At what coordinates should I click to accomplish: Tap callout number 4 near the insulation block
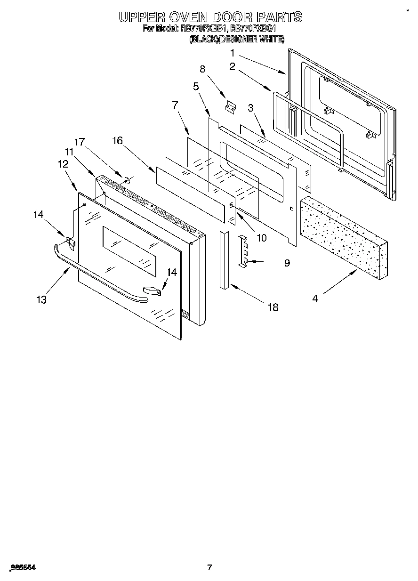click(x=315, y=299)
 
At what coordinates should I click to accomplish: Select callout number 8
click(x=203, y=69)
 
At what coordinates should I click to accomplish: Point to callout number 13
click(x=42, y=299)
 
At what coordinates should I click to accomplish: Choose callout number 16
click(x=117, y=140)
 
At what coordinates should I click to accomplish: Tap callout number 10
click(x=261, y=238)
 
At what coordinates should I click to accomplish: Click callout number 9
click(x=286, y=263)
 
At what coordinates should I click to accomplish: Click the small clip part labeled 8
click(x=231, y=107)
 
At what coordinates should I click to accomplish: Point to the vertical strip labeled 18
click(x=225, y=259)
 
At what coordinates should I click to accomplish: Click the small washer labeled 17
click(x=127, y=180)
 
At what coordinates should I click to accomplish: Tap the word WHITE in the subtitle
click(x=271, y=40)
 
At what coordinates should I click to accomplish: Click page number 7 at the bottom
click(x=210, y=567)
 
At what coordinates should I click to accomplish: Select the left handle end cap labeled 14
click(x=70, y=242)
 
